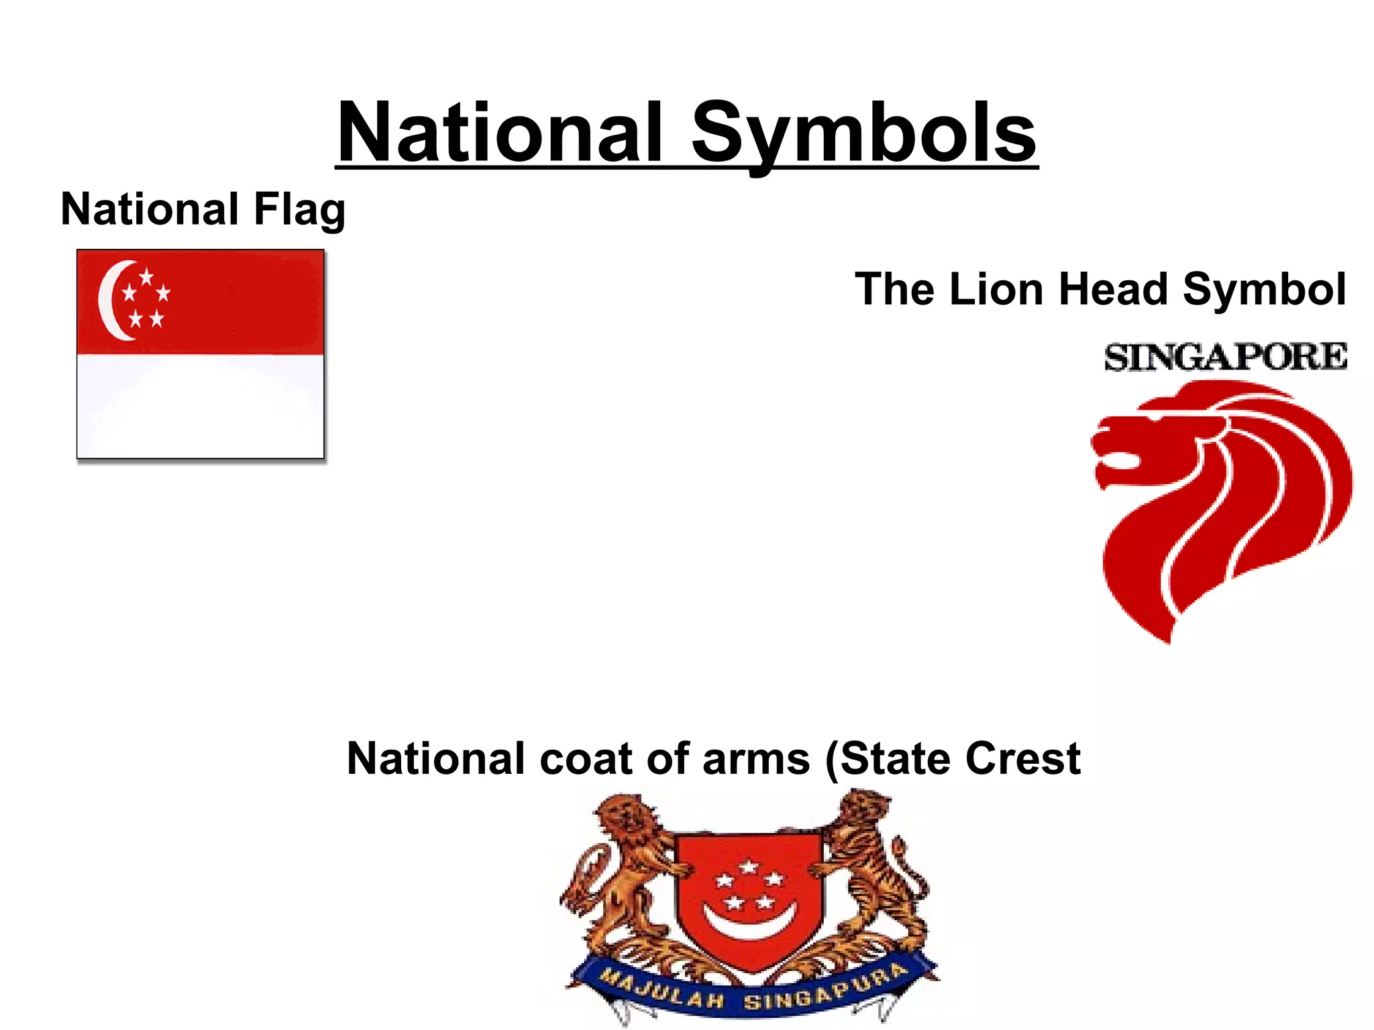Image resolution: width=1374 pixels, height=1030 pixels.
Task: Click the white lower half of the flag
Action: [x=200, y=406]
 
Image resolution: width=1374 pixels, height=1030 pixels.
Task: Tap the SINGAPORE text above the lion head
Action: [x=1225, y=357]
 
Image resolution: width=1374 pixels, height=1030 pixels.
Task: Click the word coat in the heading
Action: [x=585, y=759]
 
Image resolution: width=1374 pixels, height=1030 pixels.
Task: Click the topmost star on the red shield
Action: [x=749, y=866]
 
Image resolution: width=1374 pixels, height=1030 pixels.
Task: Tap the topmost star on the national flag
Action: [x=146, y=276]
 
